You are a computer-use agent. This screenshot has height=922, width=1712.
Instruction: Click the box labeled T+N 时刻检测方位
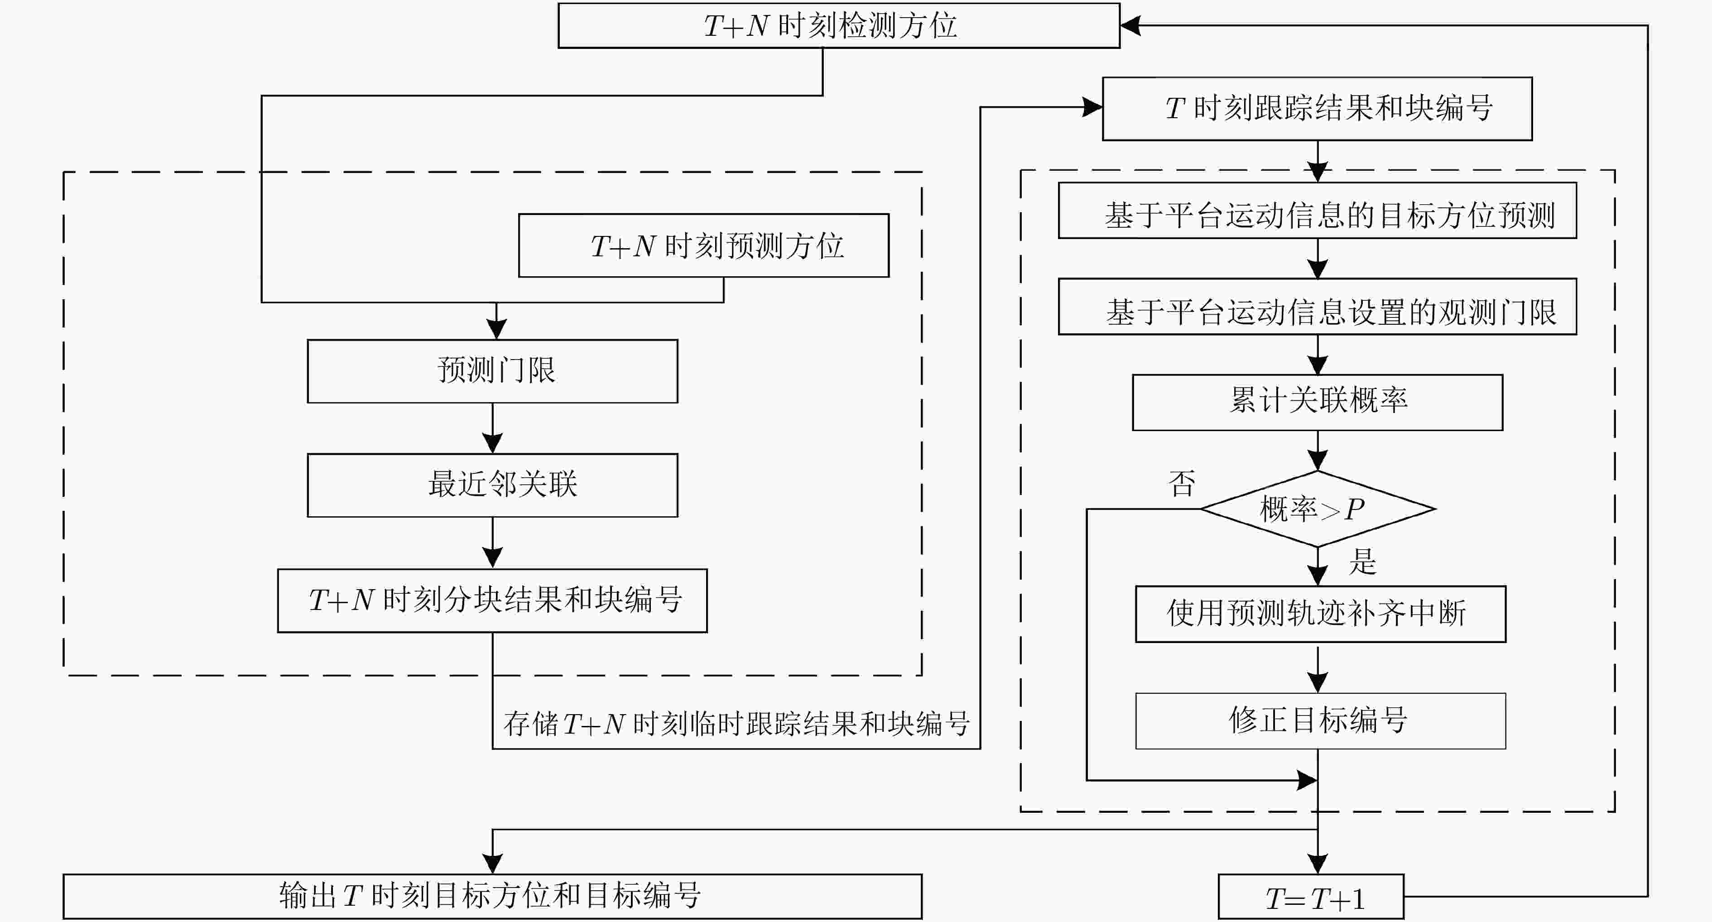[839, 25]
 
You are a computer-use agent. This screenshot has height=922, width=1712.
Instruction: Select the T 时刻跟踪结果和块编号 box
[1317, 108]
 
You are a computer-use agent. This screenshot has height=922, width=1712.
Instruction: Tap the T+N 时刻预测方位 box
[704, 245]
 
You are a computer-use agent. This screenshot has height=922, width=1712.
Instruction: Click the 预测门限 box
[492, 371]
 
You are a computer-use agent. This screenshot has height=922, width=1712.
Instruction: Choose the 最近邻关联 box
[492, 485]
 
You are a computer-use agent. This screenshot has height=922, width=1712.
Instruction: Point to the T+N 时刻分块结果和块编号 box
[492, 600]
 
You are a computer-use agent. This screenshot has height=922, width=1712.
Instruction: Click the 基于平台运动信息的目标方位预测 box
[1317, 210]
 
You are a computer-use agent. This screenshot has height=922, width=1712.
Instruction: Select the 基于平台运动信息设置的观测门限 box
[1317, 307]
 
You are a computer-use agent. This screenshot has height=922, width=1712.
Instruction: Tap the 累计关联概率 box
[1317, 402]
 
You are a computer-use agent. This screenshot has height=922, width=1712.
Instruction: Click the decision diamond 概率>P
[1317, 509]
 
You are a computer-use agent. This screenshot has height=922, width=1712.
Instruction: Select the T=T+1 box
[1311, 897]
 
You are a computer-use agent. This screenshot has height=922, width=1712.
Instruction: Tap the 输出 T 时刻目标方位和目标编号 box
[492, 897]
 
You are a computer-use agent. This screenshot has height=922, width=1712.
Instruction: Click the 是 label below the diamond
[1362, 562]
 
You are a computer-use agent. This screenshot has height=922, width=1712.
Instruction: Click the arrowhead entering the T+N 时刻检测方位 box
[1130, 25]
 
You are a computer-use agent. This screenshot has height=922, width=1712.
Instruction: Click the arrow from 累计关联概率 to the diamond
[1317, 451]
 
